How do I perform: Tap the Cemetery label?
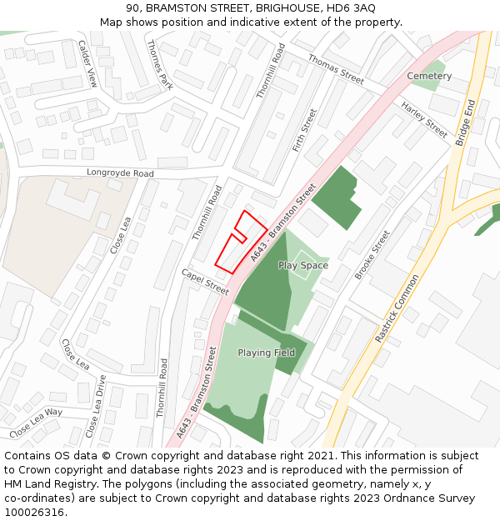point(429,76)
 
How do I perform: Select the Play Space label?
point(303,265)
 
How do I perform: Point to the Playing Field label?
point(266,353)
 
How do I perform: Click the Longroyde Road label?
point(121,173)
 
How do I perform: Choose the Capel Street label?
point(205,282)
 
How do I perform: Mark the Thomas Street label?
point(336,68)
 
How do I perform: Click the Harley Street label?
point(424,119)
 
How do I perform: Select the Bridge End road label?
point(464,123)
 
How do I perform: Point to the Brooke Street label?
point(372,255)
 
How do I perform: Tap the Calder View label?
point(87,63)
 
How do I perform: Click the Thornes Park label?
point(158,64)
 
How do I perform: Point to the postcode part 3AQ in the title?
point(360,8)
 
